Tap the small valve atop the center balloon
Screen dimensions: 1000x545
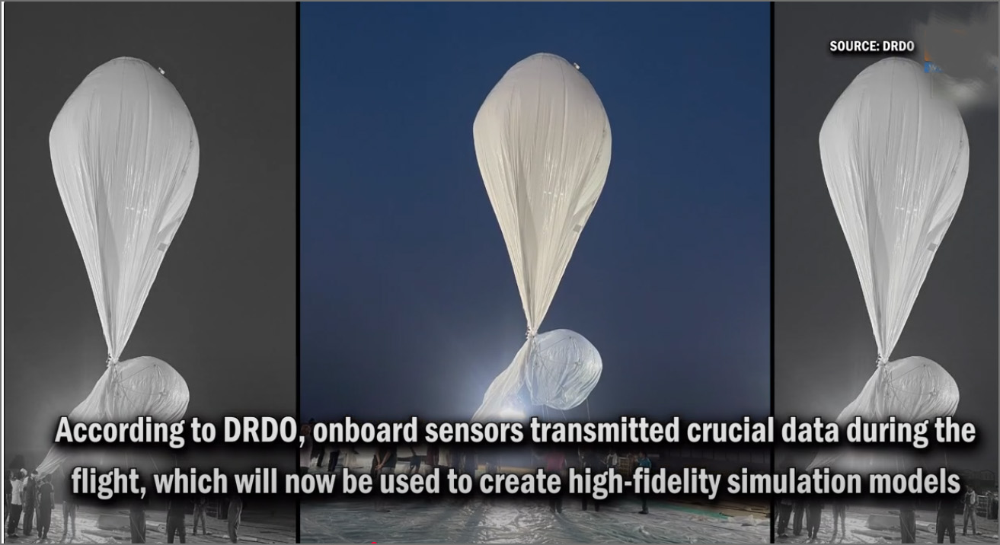pyautogui.click(x=577, y=65)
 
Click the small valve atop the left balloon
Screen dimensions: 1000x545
pyautogui.click(x=161, y=71)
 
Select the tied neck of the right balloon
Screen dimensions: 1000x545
pyautogui.click(x=881, y=360)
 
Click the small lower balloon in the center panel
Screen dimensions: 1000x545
pyautogui.click(x=564, y=369)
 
